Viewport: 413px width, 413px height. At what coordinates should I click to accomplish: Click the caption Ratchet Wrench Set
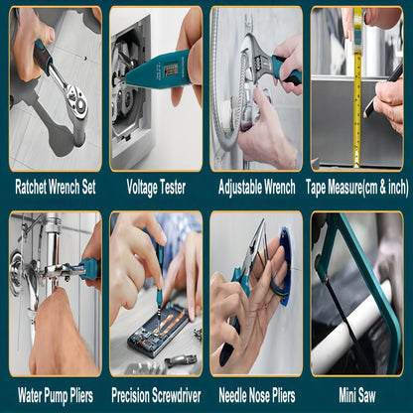[56, 188]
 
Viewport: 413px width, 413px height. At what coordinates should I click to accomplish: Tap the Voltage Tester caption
[156, 188]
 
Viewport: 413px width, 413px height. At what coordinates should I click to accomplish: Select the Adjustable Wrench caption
[257, 188]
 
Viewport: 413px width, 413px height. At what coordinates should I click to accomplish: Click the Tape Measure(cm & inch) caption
[357, 188]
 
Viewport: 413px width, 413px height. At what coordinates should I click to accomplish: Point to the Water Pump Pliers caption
[56, 396]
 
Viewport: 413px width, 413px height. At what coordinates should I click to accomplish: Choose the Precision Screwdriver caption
[156, 396]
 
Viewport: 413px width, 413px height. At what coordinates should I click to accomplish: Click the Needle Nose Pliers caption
[257, 396]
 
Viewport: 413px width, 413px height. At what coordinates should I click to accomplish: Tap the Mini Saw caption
[357, 395]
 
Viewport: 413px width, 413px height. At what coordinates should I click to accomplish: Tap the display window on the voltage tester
[171, 69]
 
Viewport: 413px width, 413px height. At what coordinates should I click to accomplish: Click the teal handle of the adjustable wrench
[287, 70]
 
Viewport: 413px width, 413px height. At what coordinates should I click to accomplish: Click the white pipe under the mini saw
[351, 328]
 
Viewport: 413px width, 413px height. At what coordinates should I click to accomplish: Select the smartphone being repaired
[160, 331]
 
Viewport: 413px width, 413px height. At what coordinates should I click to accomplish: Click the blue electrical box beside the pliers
[286, 265]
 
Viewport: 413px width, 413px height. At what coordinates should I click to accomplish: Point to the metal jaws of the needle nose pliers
[254, 245]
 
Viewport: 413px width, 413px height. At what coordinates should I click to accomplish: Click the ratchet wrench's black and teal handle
[44, 57]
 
